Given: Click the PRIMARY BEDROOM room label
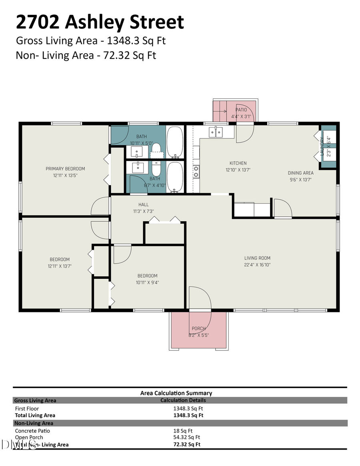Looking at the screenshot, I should coord(65,169).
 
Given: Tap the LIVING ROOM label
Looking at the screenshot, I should coord(258,258).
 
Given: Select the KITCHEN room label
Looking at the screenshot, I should coord(238,163).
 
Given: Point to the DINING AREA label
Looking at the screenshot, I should coord(300,173).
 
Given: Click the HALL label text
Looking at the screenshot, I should coord(143,205).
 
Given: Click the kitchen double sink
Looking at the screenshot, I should coord(216,132).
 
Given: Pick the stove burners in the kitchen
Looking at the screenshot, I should coord(196,172).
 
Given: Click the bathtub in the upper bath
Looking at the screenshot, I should coord(175,142).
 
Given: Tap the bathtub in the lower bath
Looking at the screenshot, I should coord(175,176).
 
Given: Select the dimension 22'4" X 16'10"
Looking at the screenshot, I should coord(258,265).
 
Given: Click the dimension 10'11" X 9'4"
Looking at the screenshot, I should coord(147,282).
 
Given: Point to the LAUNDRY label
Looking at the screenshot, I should coord(321,146).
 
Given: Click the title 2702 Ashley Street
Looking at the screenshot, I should coord(100,22).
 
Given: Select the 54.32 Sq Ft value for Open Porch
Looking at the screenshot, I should coord(186,438).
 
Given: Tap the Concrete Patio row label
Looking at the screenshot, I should coord(32,431).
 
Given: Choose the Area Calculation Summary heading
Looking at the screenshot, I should coord(176,393).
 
